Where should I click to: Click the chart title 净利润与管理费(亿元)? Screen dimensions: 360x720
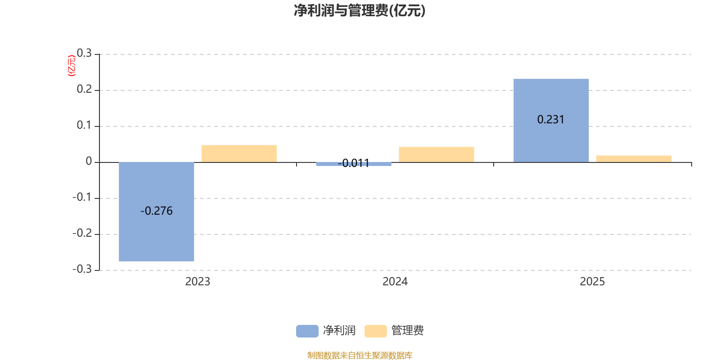pos(359,10)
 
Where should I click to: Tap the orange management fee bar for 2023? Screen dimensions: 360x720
pos(239,153)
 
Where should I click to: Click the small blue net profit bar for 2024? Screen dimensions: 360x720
pos(354,164)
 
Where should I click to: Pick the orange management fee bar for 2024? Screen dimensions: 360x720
pos(436,154)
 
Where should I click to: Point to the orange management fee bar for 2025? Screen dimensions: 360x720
pos(634,158)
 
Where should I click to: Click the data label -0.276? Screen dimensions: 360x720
pos(157,211)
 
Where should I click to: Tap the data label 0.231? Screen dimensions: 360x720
pos(551,119)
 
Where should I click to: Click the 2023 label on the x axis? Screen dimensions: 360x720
pos(198,281)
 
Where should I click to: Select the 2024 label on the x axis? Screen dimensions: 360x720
pos(395,281)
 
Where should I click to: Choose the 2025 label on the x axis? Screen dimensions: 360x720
pos(592,281)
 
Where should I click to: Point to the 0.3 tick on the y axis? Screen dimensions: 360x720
pos(84,54)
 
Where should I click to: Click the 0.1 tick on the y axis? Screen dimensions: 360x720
pos(84,125)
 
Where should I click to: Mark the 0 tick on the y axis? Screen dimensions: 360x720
pos(89,161)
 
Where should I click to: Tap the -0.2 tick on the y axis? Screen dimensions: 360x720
pos(82,233)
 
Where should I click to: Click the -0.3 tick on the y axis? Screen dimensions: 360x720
pos(82,269)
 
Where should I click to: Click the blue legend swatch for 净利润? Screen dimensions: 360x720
pos(307,331)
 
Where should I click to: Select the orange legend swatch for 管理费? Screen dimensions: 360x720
pos(376,331)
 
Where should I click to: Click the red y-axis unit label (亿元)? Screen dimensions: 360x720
pos(71,66)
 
